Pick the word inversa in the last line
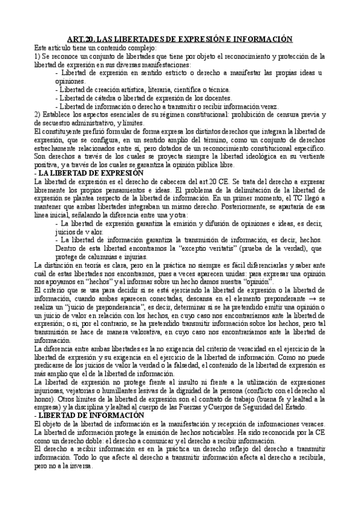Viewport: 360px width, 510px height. pos(80,465)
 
